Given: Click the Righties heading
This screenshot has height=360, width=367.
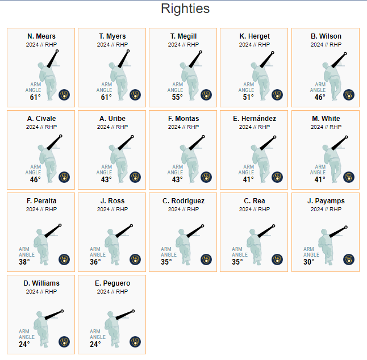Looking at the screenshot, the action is (185, 9).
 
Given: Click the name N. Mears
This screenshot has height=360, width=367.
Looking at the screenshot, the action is (41, 36).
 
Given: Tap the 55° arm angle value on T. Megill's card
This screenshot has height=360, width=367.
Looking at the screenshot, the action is (177, 97).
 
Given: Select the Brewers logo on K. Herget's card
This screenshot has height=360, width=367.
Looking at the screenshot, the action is (277, 95).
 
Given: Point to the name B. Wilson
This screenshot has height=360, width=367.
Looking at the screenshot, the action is (326, 36).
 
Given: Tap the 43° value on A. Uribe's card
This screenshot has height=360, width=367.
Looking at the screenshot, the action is (106, 179).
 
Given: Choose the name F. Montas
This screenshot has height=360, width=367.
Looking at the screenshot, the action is (183, 119).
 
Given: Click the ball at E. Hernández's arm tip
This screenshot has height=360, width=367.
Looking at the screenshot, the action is (275, 137).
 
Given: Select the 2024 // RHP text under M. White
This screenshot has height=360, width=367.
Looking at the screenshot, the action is (326, 127).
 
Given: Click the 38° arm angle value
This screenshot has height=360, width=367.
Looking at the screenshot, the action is (24, 262).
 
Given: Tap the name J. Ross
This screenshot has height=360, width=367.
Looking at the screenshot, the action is (112, 201).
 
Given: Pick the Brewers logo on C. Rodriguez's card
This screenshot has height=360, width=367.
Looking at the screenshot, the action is (206, 259).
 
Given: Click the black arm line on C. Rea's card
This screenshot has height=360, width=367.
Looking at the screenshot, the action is (266, 231).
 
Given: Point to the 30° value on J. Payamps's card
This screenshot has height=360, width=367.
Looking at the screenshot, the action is (309, 262).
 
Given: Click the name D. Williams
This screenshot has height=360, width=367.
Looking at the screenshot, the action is (41, 283).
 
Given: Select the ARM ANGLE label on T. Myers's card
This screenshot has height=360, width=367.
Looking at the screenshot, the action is (104, 87).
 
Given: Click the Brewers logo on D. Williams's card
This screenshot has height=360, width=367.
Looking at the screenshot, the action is (64, 342).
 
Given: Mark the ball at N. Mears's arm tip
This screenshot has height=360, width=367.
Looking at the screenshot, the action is (57, 51).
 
